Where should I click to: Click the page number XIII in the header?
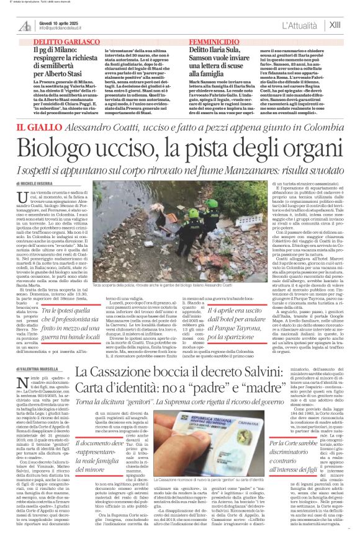pyautogui.click(x=335, y=25)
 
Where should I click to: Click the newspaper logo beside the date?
pyautogui.click(x=25, y=25)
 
